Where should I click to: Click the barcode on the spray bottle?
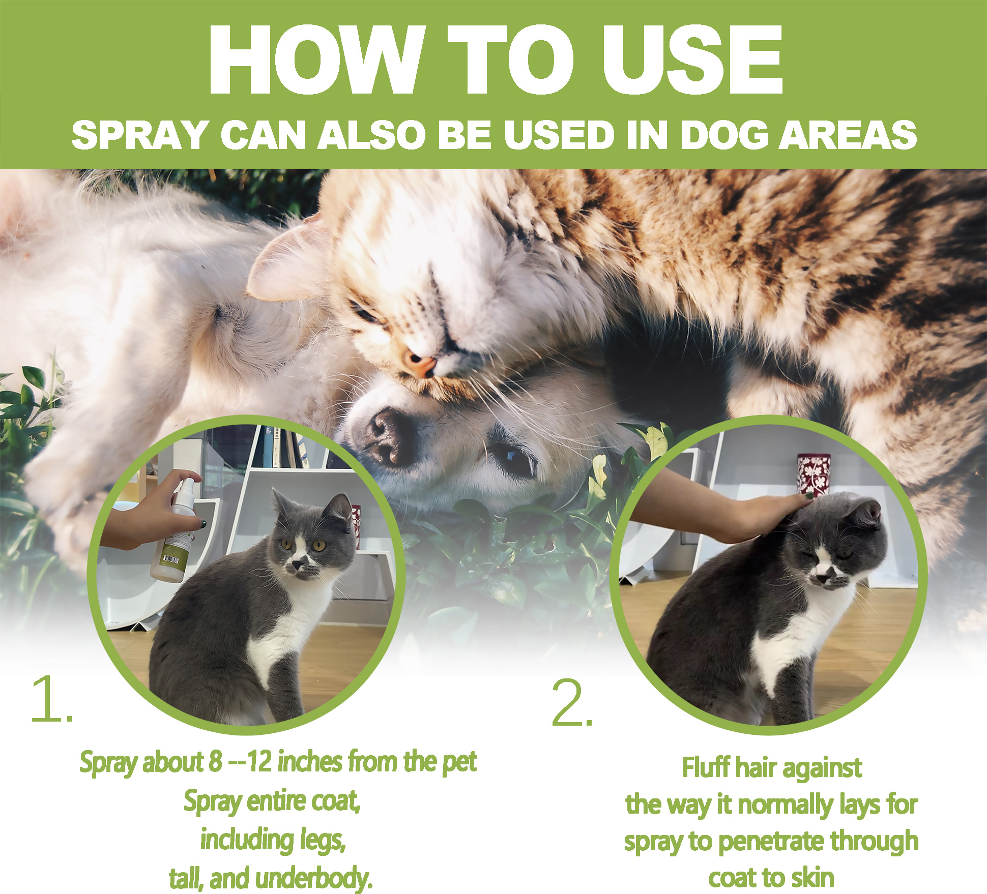170,559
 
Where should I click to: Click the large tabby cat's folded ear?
285,264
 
